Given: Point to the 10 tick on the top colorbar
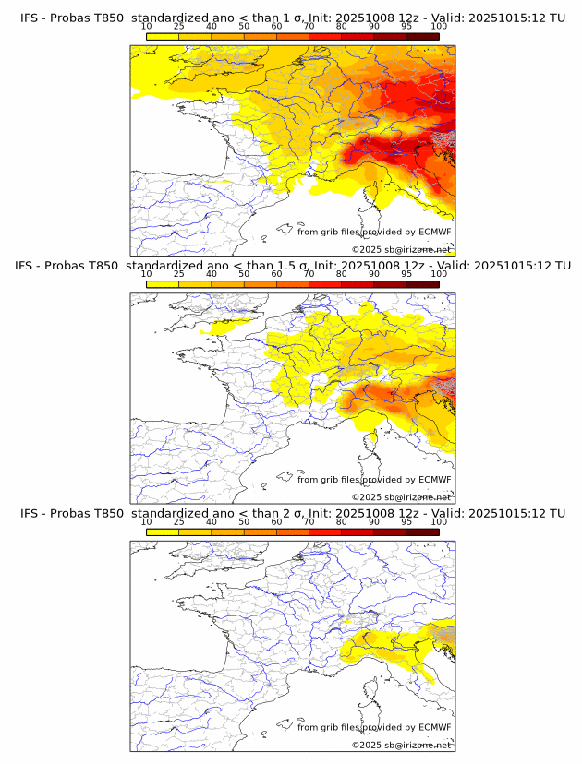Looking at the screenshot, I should tap(147, 27).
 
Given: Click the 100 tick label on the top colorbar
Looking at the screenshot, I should tap(439, 27).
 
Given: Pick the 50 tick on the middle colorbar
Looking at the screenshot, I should tap(244, 274).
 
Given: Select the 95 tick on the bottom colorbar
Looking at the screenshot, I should tap(406, 521).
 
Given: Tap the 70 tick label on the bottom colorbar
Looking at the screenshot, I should tap(309, 521).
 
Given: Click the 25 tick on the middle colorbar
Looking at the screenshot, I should tap(179, 274).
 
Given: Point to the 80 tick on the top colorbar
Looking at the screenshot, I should tap(342, 27).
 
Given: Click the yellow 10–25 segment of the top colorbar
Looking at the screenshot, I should tap(163, 36).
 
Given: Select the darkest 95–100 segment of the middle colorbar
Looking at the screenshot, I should tap(423, 283).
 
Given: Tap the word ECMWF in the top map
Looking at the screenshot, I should tap(435, 233).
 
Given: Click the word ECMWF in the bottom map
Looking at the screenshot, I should tap(435, 727).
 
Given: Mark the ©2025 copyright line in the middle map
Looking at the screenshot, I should tap(401, 497).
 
